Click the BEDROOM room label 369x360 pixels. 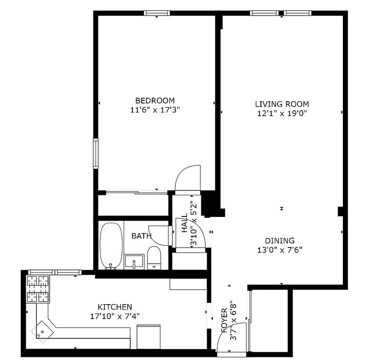point(155,100)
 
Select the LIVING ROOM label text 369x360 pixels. point(282,104)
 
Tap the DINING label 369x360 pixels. point(280,241)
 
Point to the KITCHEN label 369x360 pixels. point(115,307)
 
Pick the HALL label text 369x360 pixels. point(185,223)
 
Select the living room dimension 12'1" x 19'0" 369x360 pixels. point(282,113)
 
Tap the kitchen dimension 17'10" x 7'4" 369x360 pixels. point(115,316)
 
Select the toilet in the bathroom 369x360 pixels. point(154,257)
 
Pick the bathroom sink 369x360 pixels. point(134,261)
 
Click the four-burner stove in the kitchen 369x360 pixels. point(38,289)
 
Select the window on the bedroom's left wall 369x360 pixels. point(96,153)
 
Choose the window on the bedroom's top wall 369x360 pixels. point(157,13)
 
